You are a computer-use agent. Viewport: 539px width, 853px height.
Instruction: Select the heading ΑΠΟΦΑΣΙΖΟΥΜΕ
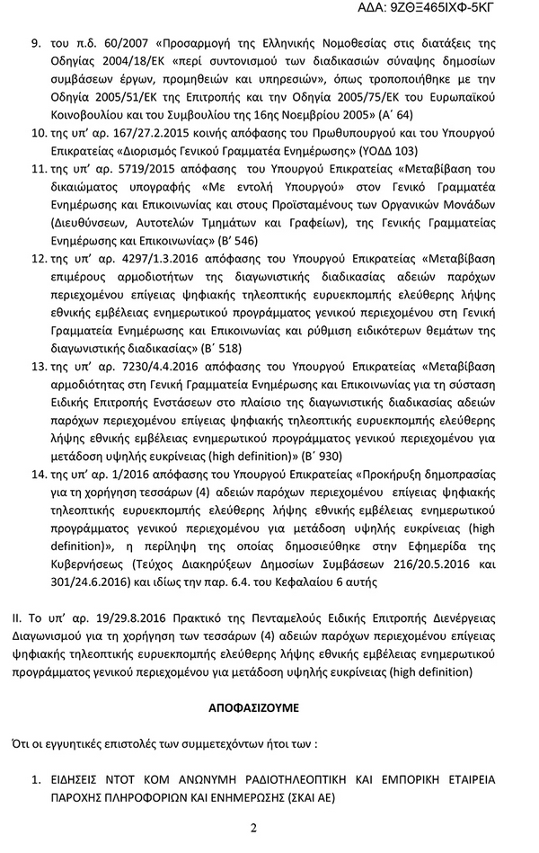(x=269, y=707)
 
